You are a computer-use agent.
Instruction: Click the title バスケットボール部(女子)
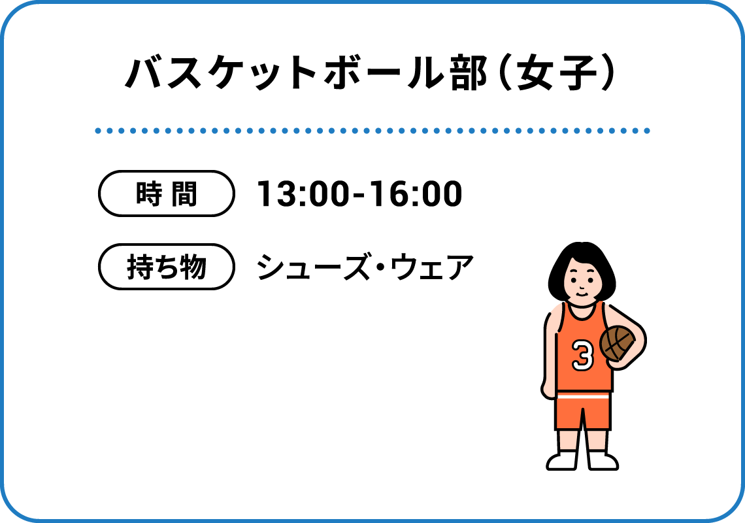tap(370, 73)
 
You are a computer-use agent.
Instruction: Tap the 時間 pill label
tap(166, 194)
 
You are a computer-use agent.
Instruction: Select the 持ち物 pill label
tap(166, 266)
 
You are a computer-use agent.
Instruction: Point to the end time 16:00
tap(416, 194)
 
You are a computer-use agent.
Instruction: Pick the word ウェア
tap(433, 267)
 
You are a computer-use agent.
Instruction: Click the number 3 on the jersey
tap(582, 355)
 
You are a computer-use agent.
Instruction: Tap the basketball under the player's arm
tap(617, 343)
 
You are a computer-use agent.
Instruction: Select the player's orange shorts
tap(583, 411)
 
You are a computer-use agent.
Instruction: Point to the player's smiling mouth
tap(582, 293)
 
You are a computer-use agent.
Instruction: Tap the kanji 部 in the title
tap(469, 73)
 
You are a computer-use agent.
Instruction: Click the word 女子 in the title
tap(557, 73)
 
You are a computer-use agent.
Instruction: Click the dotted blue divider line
tap(372, 131)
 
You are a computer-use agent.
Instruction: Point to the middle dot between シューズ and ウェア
tap(380, 267)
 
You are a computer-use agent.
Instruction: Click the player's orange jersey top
tap(584, 347)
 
